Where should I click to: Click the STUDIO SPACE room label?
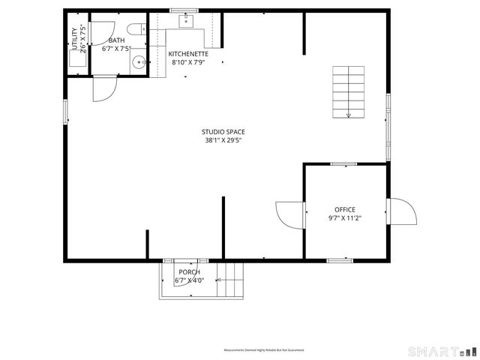click(x=223, y=132)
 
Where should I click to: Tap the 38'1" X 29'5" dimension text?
click(x=223, y=140)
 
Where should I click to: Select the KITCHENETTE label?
click(x=188, y=54)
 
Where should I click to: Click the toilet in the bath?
click(x=136, y=30)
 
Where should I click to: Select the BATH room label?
click(x=116, y=40)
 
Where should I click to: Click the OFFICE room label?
click(x=345, y=210)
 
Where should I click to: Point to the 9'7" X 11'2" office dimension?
click(x=345, y=218)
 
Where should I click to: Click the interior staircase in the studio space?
click(x=349, y=91)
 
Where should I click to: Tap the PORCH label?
click(x=189, y=272)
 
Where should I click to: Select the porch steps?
click(x=232, y=281)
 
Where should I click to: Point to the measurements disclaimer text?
click(x=263, y=350)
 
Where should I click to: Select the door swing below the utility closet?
click(x=103, y=88)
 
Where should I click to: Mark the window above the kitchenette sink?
click(x=178, y=10)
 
